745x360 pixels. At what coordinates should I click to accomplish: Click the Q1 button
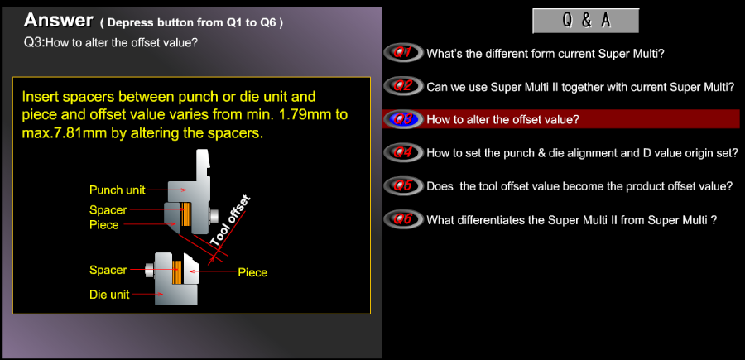pos(403,53)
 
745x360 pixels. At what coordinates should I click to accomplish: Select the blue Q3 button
pos(403,119)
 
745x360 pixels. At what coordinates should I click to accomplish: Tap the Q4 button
pos(403,152)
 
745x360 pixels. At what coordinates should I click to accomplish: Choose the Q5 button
pos(403,185)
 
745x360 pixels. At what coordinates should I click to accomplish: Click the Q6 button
pos(403,219)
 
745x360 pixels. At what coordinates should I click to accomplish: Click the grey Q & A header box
pos(585,21)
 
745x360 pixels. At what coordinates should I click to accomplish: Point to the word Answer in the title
pos(59,21)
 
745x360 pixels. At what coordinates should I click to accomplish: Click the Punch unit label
pos(117,190)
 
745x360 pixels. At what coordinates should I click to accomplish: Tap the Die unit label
pos(109,295)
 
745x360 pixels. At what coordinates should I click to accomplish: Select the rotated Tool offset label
pos(230,221)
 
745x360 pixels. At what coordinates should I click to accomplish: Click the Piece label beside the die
pos(252,273)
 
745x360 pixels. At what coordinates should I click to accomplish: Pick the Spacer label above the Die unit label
pos(108,271)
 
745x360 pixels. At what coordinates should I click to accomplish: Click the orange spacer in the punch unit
pos(185,214)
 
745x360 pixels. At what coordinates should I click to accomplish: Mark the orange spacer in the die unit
pos(177,272)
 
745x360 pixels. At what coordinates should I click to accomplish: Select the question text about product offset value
pos(579,186)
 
